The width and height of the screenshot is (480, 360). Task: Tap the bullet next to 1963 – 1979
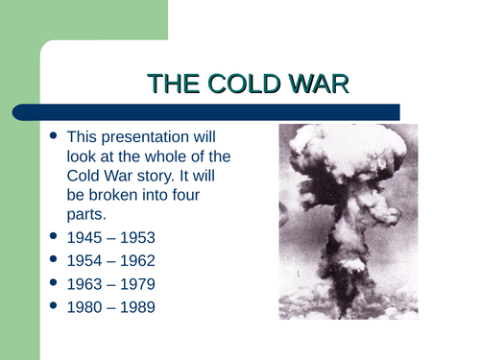(54, 284)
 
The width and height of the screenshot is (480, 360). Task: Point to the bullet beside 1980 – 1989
(54, 308)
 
